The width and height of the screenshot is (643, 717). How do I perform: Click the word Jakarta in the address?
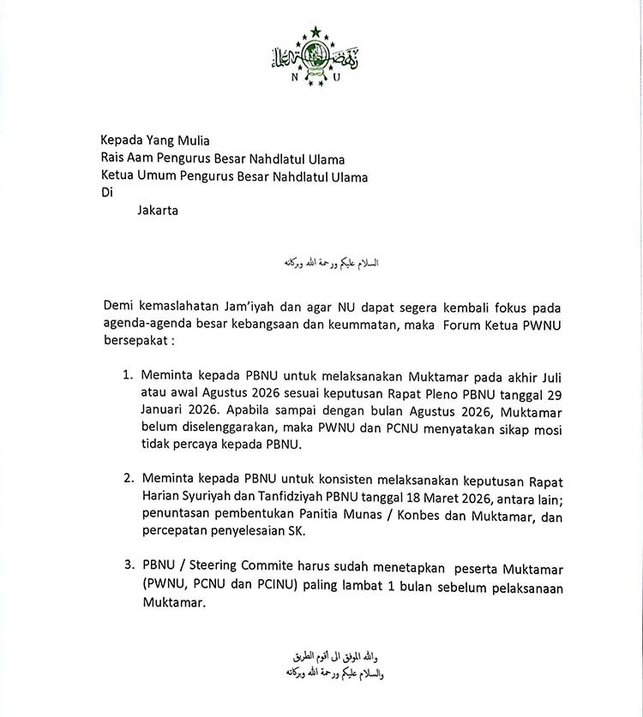158,211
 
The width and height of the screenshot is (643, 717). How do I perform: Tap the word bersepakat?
135,342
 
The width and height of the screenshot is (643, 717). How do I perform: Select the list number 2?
127,477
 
